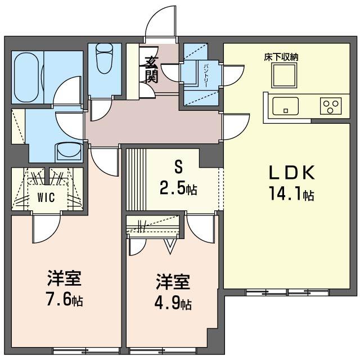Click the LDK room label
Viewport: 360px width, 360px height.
(x=291, y=173)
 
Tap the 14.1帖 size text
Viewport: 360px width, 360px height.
(x=291, y=193)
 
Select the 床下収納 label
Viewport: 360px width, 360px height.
(x=281, y=57)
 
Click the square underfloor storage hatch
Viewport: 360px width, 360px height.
(x=284, y=75)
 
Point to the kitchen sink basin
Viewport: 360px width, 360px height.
(x=285, y=106)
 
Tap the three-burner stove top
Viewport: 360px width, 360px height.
(x=331, y=106)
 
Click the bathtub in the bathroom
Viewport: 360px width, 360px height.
(x=26, y=78)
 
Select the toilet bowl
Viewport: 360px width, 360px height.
(x=105, y=58)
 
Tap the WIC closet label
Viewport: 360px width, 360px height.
(x=46, y=197)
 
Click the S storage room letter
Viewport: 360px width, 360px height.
(x=178, y=167)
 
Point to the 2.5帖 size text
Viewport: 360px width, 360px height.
(x=178, y=189)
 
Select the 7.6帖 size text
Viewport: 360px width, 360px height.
(x=65, y=299)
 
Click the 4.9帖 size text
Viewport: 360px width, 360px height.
(x=173, y=303)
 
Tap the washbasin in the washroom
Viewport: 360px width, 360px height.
(x=69, y=151)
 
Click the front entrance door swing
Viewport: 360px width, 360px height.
(x=161, y=21)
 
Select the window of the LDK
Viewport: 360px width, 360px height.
(x=287, y=292)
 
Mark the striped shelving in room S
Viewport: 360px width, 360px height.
(x=136, y=179)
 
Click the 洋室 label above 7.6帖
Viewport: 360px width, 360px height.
(x=64, y=278)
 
